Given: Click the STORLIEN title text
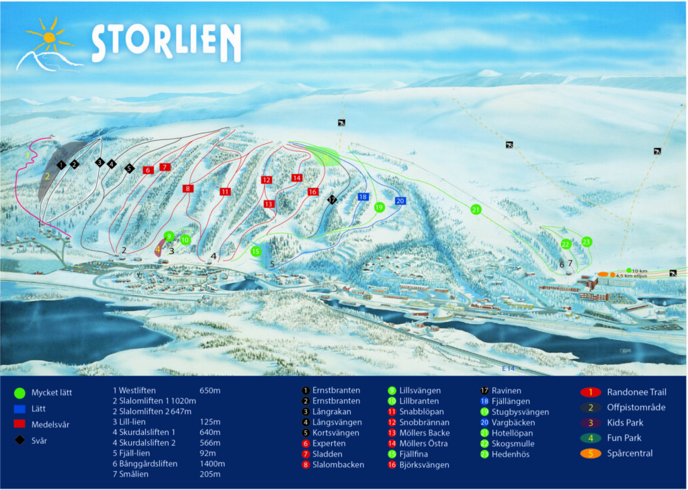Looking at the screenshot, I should (x=166, y=44).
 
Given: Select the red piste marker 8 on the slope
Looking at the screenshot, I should (x=188, y=189).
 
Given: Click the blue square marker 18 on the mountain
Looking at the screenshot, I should (x=362, y=197).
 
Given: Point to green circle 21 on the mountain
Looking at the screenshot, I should (x=476, y=210).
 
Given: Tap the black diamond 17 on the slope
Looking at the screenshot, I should (x=332, y=200).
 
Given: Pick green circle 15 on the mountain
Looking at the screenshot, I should (x=255, y=251).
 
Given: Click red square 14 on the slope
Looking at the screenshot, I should (x=297, y=178).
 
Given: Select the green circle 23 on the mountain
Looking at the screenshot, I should (x=587, y=241).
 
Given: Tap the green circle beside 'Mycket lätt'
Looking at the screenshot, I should (x=19, y=393).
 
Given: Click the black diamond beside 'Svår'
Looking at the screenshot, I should (x=19, y=440).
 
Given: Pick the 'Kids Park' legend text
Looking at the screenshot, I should (x=626, y=423).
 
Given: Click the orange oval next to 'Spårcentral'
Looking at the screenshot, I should (x=589, y=453).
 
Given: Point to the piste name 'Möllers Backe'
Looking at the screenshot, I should (x=424, y=433).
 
